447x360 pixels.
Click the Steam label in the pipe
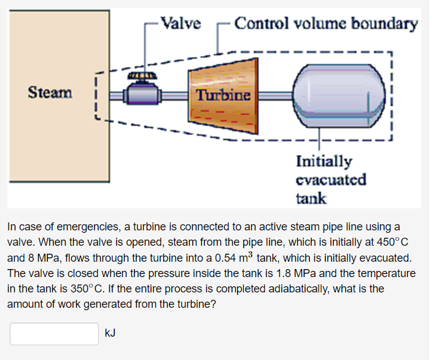(50, 93)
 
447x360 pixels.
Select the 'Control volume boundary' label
(326, 24)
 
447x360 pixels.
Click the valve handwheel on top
(141, 77)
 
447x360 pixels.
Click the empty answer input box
(54, 334)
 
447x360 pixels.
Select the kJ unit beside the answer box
(111, 333)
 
